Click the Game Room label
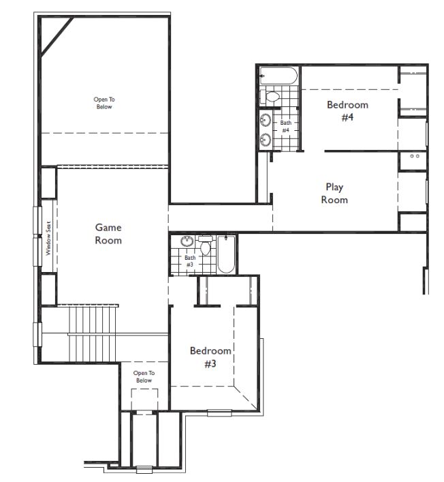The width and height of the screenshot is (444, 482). coord(108,234)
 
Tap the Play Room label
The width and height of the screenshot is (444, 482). coord(334,194)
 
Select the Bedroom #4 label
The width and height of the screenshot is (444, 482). coord(347,110)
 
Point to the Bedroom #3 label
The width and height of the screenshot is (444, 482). coord(210,357)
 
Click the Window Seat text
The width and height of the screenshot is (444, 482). coord(48,238)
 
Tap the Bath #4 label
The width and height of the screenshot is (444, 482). coord(285,126)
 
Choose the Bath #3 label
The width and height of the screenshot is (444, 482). coord(190,260)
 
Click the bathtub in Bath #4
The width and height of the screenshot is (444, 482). coord(279,76)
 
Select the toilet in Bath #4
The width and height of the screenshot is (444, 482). coord(270,96)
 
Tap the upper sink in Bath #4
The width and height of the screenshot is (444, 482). coord(266,120)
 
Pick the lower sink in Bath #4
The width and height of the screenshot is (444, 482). coord(266,140)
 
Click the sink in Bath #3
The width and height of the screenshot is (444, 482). coord(187,241)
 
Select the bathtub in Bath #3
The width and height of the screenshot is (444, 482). coord(226,254)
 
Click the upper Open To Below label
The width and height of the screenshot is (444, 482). coord(104,103)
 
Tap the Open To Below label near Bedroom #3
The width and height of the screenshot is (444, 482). coord(144,376)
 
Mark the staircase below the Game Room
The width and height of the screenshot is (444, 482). coord(93,334)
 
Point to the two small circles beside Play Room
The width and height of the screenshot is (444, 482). coord(415,156)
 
